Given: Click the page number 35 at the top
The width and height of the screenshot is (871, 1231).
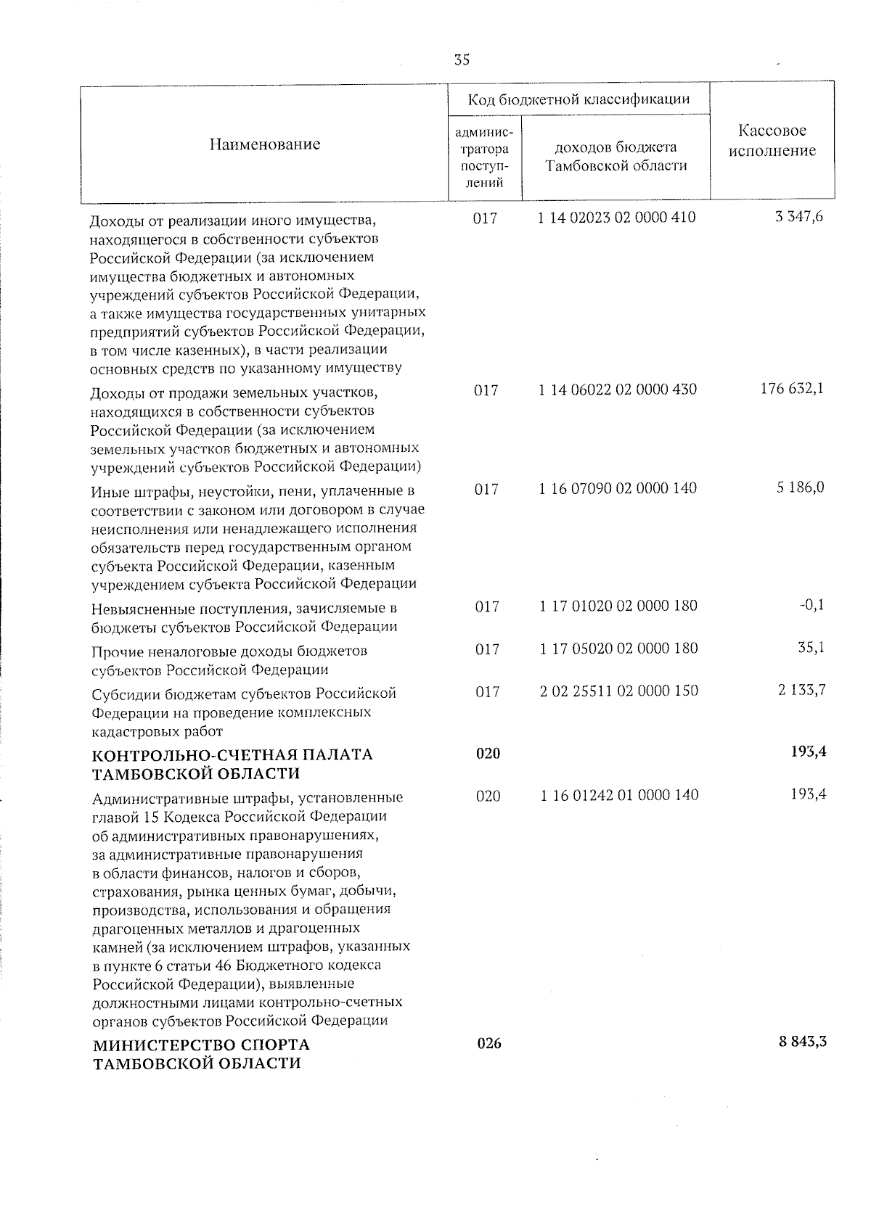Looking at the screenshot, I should coord(462,60).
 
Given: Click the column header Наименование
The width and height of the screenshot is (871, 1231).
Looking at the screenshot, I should coord(265,144).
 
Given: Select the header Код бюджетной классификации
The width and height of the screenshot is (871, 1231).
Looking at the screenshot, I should coord(578,99).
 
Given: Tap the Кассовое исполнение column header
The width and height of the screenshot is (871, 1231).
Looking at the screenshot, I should coord(772,141).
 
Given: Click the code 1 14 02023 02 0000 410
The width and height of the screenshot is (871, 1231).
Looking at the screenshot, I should coord(617,217).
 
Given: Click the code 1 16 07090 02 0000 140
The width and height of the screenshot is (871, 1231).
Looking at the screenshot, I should coord(618,488).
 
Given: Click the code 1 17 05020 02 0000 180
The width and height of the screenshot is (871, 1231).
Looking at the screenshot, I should coord(618,648).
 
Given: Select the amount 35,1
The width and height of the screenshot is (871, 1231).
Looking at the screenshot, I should coord(809,647).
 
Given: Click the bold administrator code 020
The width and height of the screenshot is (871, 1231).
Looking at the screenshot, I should coord(488,754).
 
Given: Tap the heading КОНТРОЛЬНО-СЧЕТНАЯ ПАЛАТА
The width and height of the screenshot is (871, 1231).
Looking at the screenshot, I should coord(232,754).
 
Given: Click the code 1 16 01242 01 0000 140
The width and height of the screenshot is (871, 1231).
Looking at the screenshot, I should coord(619,795).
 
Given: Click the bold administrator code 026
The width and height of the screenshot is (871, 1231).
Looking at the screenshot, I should coord(489,1044).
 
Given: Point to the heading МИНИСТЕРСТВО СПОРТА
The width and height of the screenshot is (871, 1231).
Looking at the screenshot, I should coord(201,1045).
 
